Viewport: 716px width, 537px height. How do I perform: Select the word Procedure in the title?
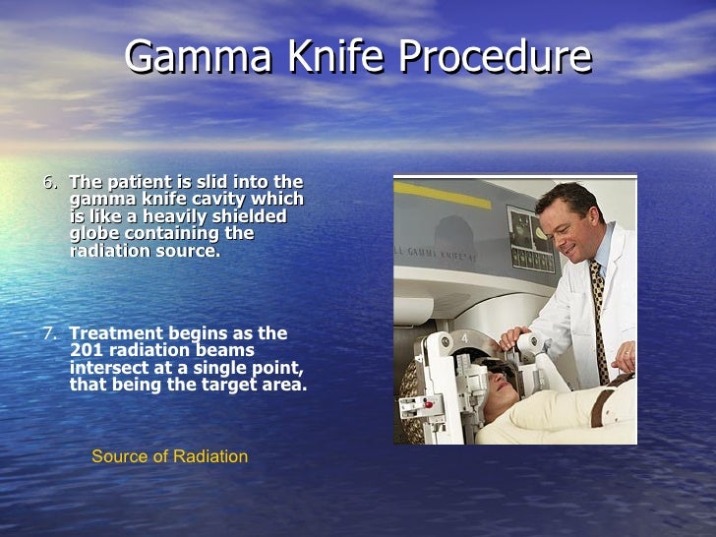pos(490,58)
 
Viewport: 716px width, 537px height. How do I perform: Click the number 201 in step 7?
pos(87,350)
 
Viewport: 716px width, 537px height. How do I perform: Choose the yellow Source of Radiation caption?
pos(169,456)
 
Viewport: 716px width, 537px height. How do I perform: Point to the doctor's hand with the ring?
pos(624,355)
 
